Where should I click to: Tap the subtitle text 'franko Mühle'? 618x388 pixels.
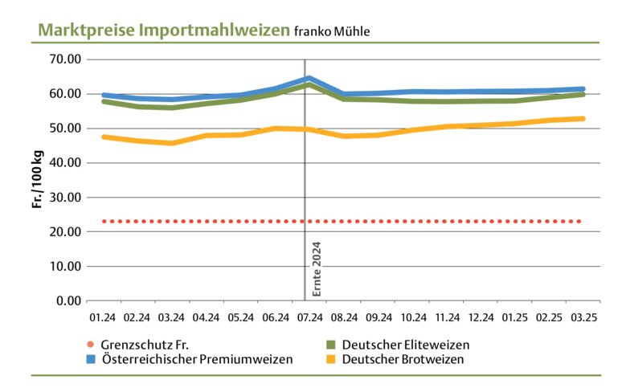coord(331,32)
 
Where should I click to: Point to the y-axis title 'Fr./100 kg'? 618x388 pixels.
coord(38,180)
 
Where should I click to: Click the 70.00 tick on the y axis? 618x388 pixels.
coord(65,59)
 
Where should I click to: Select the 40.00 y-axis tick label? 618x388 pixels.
coord(65,163)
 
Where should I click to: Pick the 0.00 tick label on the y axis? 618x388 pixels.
coord(68,301)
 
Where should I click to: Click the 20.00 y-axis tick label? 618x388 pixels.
coord(65,232)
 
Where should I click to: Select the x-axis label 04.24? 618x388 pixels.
coord(206,318)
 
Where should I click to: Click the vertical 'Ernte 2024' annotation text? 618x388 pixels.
coord(317,268)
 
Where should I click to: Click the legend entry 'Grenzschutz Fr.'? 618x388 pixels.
coord(142,345)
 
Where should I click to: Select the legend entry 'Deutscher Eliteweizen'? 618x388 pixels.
coord(405,345)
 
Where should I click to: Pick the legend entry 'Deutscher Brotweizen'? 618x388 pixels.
coord(403,359)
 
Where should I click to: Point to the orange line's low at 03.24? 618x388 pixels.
coord(171,143)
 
